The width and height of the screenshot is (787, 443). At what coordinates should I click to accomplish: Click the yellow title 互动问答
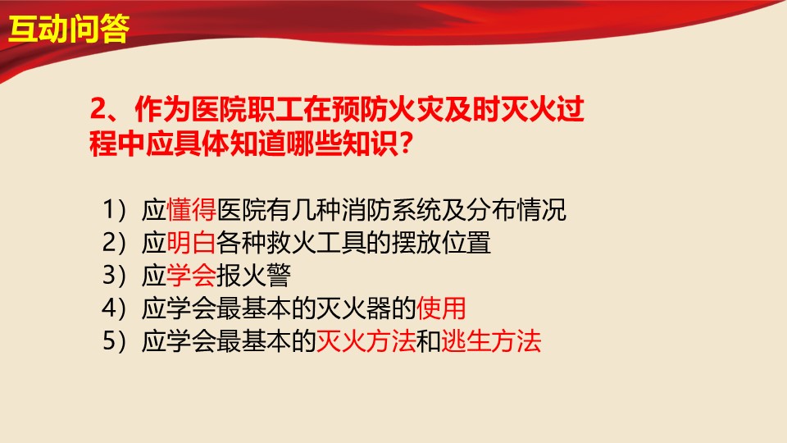pyautogui.click(x=69, y=28)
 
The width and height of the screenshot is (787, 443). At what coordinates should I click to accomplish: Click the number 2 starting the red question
pyautogui.click(x=98, y=109)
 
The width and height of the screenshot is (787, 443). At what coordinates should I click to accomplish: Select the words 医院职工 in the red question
pyautogui.click(x=247, y=109)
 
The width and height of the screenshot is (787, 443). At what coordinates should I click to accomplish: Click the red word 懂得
pyautogui.click(x=191, y=210)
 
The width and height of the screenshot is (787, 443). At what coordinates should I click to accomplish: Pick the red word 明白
pyautogui.click(x=191, y=243)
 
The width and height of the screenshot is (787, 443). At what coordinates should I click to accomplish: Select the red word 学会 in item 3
pyautogui.click(x=191, y=276)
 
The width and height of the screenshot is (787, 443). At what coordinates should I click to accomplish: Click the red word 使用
pyautogui.click(x=441, y=308)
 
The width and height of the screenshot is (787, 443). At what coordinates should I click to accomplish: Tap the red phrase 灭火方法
pyautogui.click(x=366, y=341)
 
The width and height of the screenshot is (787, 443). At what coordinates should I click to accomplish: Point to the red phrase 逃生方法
pyautogui.click(x=491, y=341)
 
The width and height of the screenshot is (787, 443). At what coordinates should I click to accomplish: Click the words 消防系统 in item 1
pyautogui.click(x=391, y=210)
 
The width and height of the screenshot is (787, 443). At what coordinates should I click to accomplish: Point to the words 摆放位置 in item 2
pyautogui.click(x=441, y=243)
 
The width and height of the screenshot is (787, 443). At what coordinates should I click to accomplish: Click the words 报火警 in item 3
pyautogui.click(x=253, y=276)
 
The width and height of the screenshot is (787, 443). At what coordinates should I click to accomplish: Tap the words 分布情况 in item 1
pyautogui.click(x=516, y=210)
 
